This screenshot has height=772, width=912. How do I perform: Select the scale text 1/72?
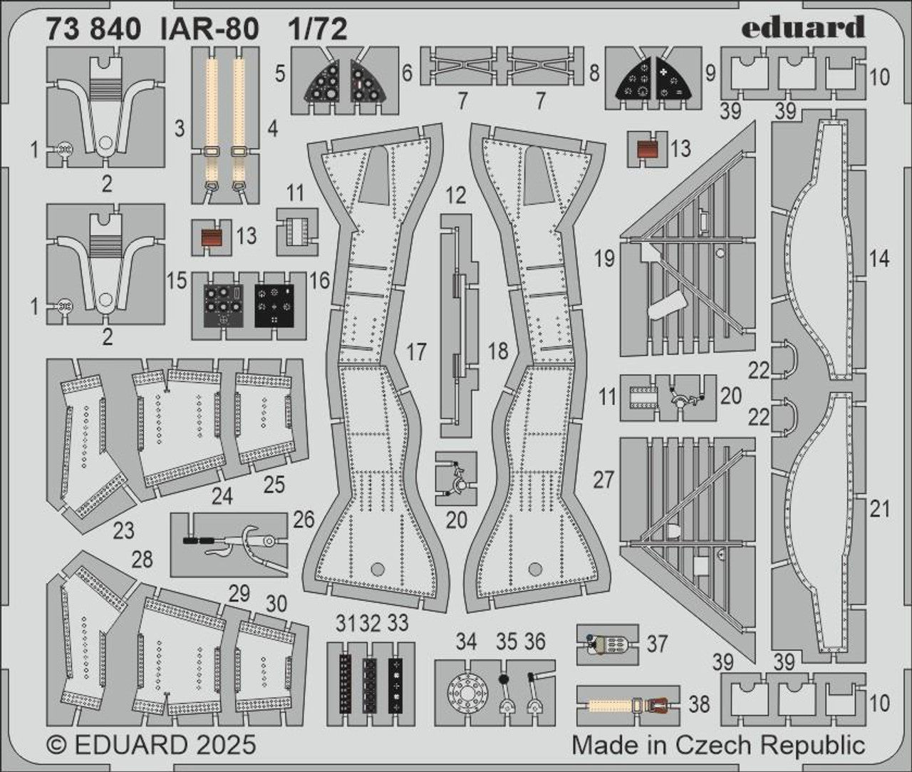[318, 29]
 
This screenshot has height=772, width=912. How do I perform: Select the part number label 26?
[304, 520]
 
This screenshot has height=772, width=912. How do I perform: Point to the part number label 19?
[604, 258]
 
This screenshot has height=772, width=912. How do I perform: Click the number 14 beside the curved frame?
[879, 259]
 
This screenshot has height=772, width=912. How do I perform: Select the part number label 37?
[657, 644]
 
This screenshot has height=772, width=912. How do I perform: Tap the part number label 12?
[457, 194]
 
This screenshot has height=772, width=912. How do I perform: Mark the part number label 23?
[123, 530]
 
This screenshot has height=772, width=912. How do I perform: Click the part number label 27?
[603, 480]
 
